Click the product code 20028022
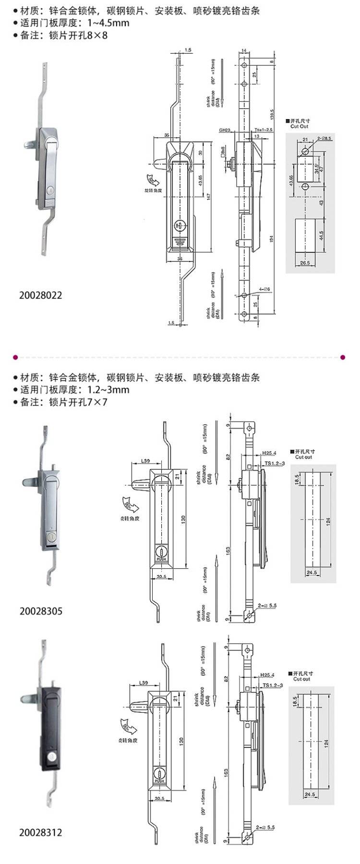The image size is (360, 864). [41, 295]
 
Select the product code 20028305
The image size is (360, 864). [41, 611]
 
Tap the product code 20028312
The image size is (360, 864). [41, 832]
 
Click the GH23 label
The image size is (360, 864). [225, 130]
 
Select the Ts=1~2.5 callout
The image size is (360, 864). [264, 130]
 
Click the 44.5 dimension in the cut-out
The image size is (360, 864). [320, 235]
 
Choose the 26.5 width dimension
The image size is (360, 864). [303, 263]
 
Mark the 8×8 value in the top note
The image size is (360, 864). [96, 35]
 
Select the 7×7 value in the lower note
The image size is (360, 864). [96, 402]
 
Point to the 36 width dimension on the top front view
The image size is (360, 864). [180, 259]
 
